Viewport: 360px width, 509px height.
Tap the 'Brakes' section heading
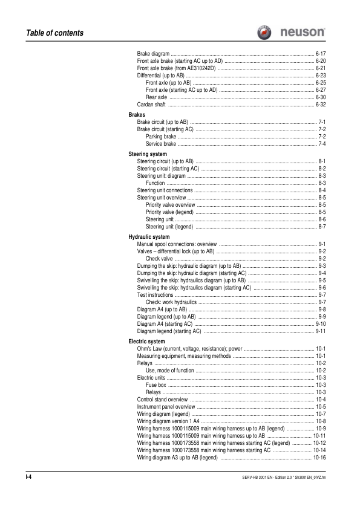(137, 114)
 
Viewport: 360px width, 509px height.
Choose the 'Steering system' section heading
(148, 154)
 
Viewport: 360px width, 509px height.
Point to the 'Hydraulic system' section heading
(149, 236)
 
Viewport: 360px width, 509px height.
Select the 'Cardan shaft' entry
(151, 104)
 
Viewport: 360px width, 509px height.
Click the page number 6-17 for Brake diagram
(321, 54)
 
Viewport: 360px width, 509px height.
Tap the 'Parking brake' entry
(161, 137)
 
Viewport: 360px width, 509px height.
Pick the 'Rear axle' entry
(156, 97)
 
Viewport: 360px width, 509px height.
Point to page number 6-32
(321, 104)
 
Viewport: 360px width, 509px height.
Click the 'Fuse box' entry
(156, 384)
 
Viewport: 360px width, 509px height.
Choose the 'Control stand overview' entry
(162, 400)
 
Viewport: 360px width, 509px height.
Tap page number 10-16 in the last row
(319, 457)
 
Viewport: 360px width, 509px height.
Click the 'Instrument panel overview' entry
(166, 407)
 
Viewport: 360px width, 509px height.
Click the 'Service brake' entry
(161, 144)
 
